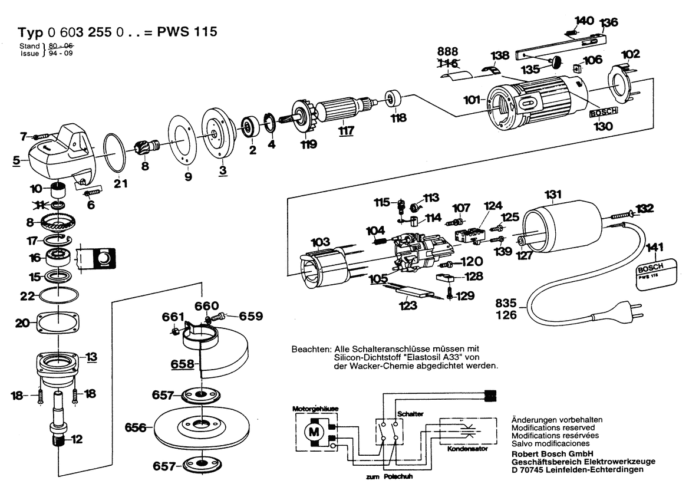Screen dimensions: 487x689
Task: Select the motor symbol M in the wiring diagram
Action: [x=312, y=432]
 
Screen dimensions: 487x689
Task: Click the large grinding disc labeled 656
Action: [x=200, y=425]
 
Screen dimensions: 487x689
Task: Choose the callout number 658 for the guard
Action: [x=183, y=364]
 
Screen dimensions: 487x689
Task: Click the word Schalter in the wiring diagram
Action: [x=410, y=414]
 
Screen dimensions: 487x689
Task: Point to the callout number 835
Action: [x=506, y=304]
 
